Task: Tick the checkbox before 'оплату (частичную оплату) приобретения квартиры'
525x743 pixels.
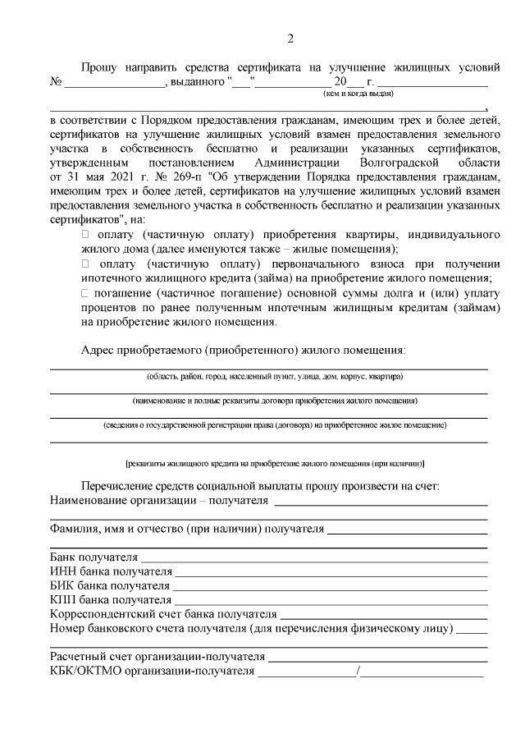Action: coord(84,235)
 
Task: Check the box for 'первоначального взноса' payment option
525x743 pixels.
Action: coord(84,264)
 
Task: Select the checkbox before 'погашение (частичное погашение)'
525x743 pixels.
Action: coord(84,292)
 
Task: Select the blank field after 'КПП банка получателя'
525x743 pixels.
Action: coord(331,602)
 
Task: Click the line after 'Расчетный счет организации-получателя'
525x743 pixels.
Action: coord(378,659)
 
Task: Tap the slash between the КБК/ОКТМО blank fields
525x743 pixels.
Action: coord(358,673)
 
